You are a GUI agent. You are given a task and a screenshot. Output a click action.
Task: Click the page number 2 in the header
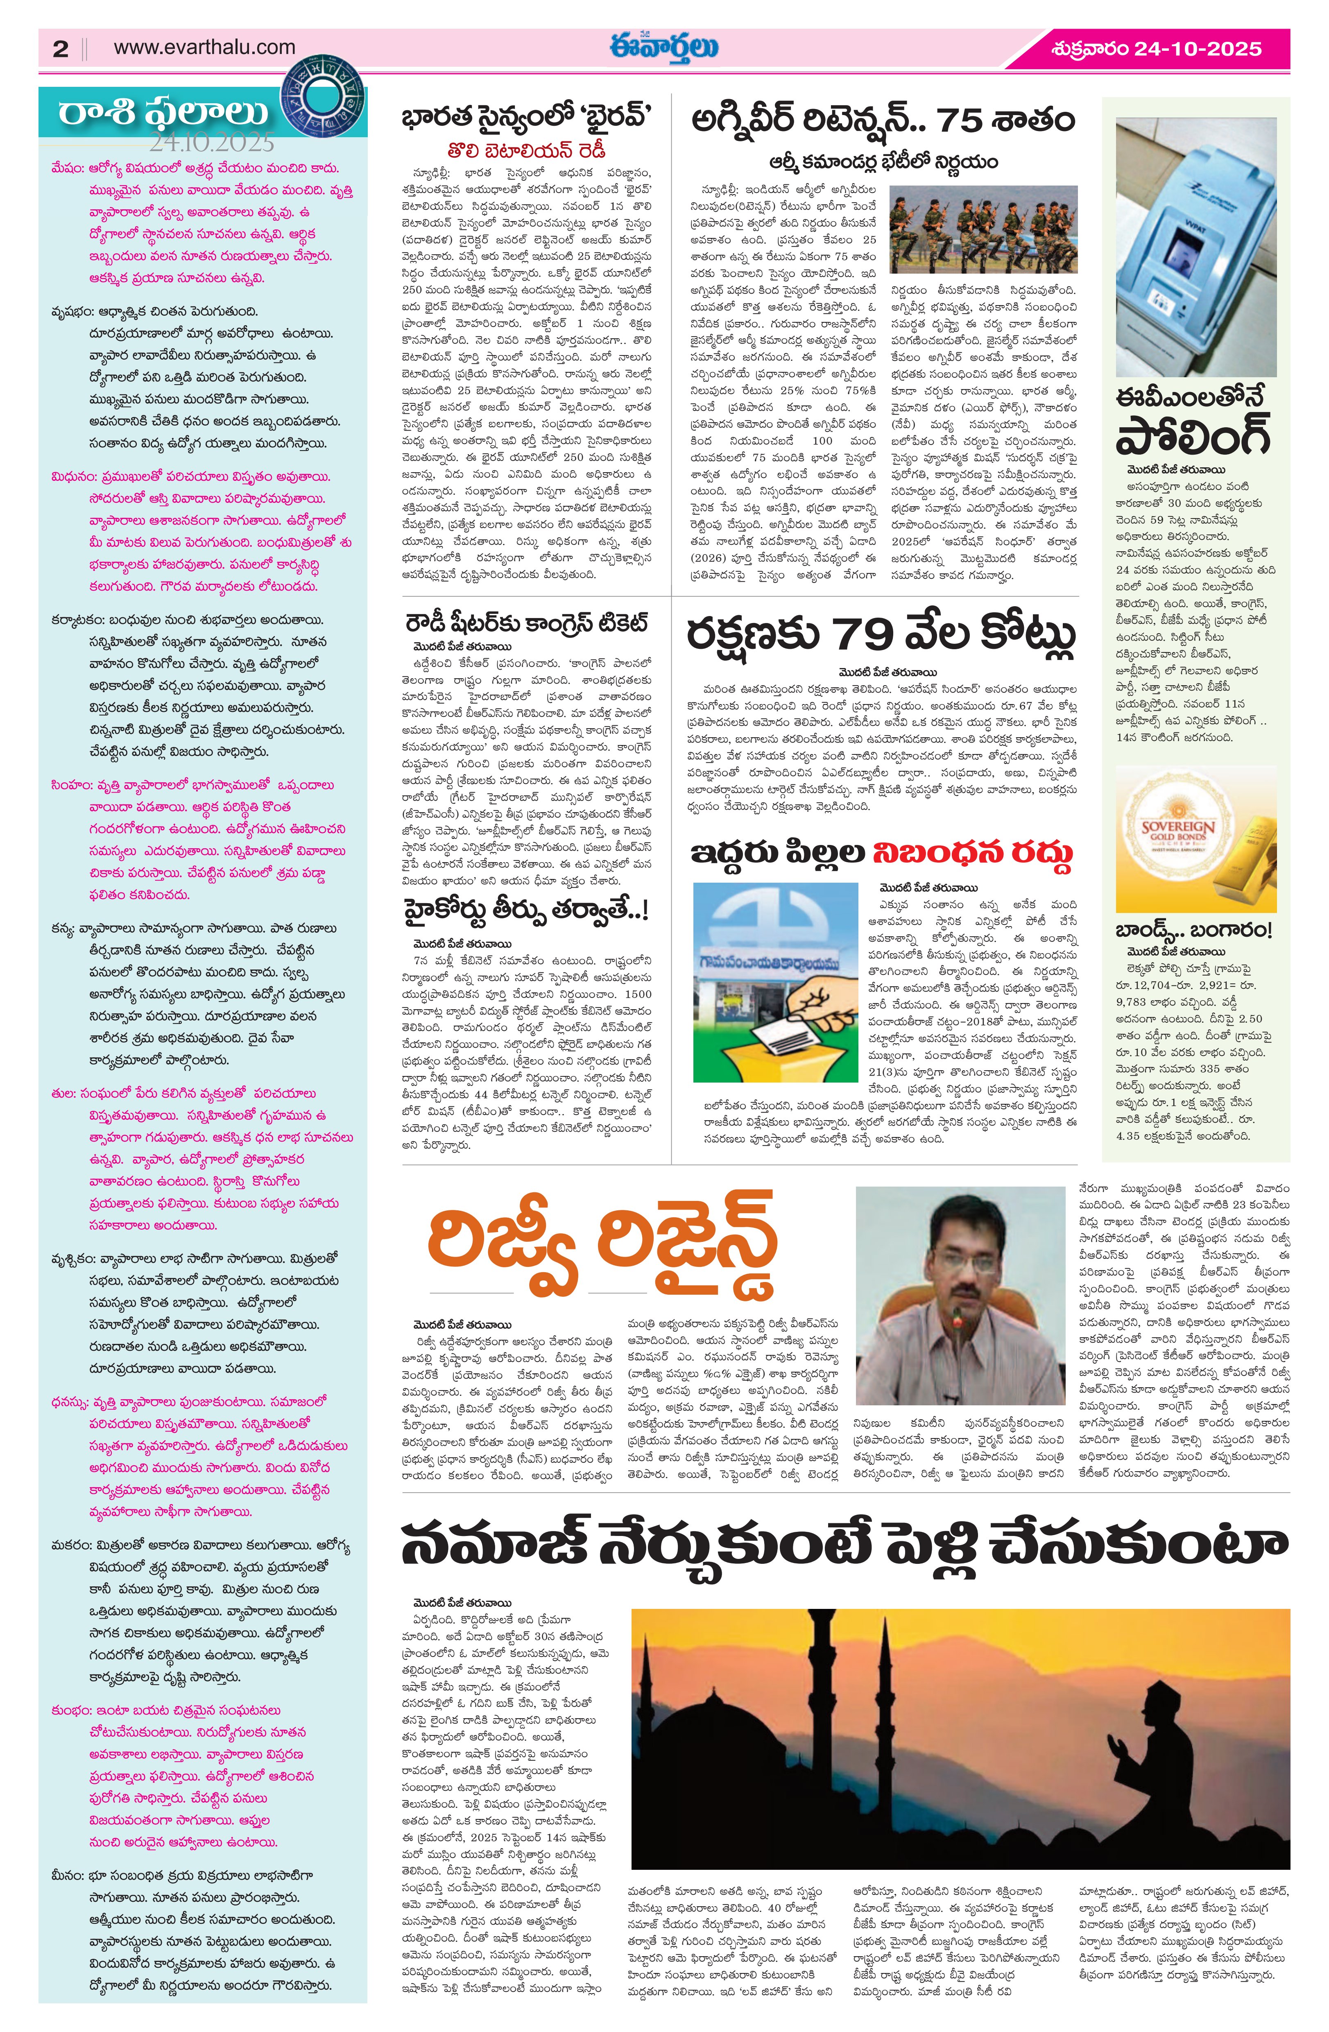tap(60, 49)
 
